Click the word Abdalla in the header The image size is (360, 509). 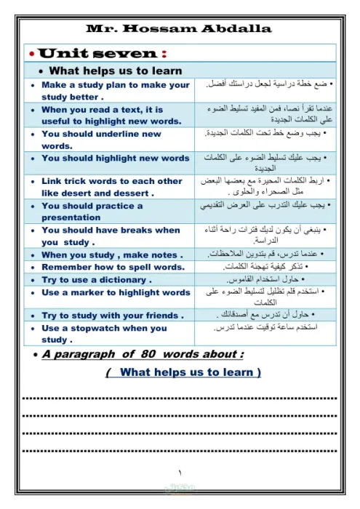click(236, 29)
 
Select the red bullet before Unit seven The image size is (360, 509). click(30, 55)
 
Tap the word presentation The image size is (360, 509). click(71, 217)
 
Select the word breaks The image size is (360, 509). click(132, 230)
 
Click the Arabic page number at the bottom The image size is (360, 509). click(180, 473)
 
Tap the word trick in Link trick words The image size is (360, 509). click(80, 180)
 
